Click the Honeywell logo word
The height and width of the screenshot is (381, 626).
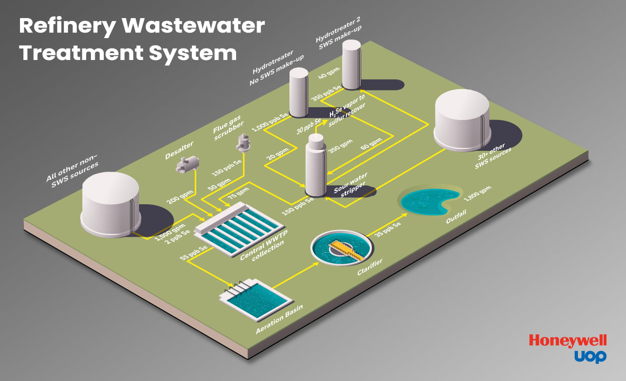click(567, 341)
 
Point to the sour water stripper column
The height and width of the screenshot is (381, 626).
click(316, 164)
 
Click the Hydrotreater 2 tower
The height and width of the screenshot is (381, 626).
click(352, 64)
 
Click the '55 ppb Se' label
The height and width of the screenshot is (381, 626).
click(193, 254)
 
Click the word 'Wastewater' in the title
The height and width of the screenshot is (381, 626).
click(193, 26)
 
